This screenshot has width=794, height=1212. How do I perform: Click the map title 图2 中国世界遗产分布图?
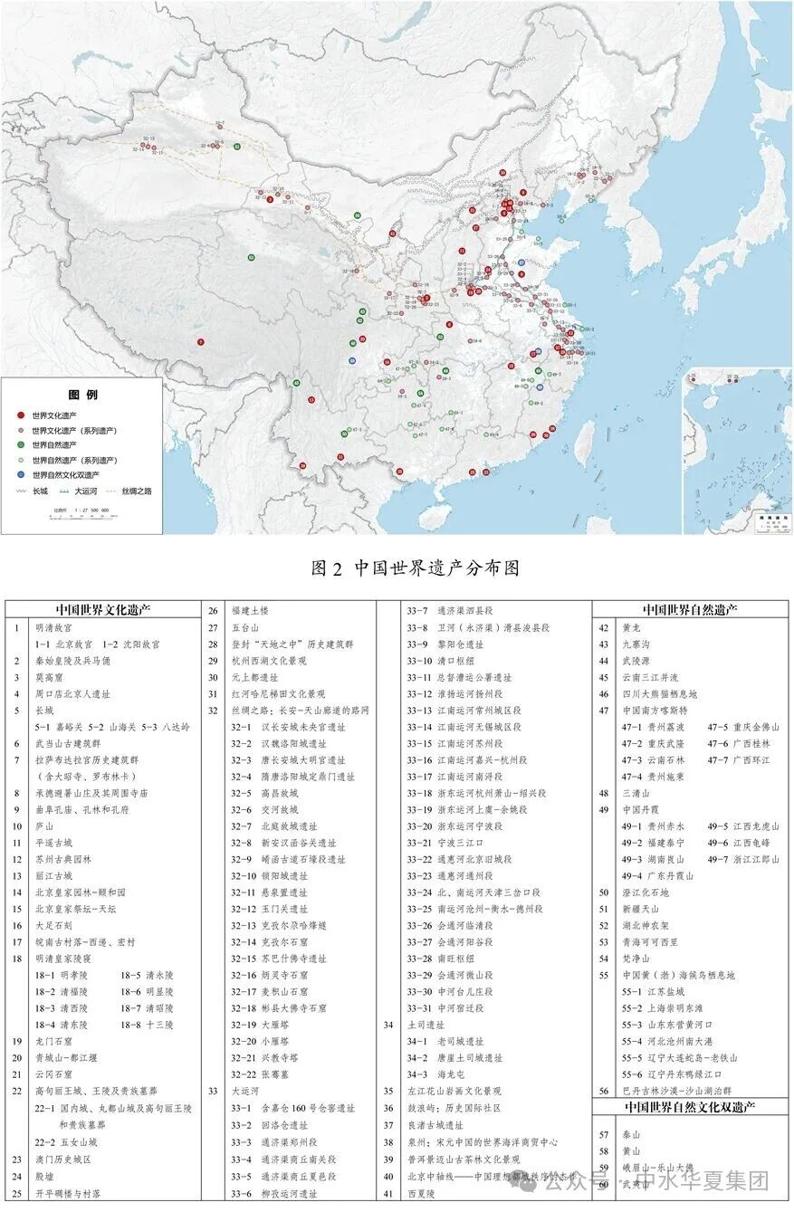pyautogui.click(x=415, y=568)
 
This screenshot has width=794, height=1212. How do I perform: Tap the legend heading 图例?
pyautogui.click(x=83, y=395)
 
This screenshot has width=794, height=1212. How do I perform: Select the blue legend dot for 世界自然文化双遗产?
pyautogui.click(x=22, y=474)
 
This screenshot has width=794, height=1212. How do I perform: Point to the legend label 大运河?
pyautogui.click(x=86, y=491)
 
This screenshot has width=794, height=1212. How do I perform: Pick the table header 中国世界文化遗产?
pyautogui.click(x=104, y=609)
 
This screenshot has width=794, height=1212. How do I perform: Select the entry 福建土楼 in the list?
pyautogui.click(x=252, y=611)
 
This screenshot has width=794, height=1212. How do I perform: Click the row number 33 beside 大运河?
pyautogui.click(x=211, y=1092)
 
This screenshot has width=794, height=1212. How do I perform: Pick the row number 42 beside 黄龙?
pyautogui.click(x=604, y=627)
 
